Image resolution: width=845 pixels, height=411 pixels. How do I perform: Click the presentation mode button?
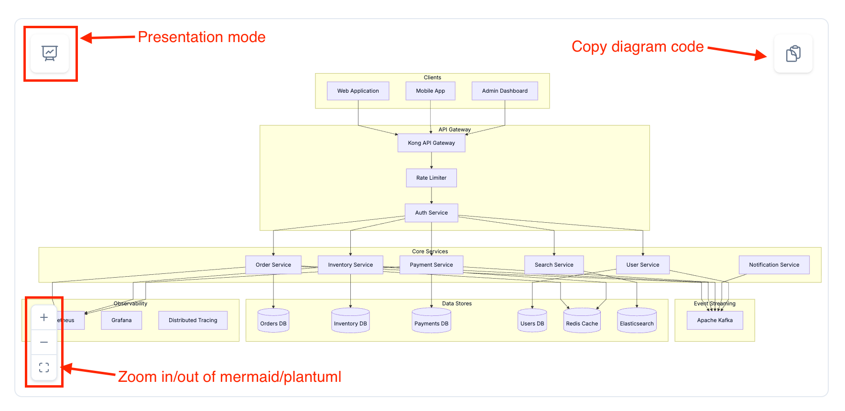click(x=50, y=53)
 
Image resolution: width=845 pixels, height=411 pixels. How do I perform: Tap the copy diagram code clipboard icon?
click(x=793, y=54)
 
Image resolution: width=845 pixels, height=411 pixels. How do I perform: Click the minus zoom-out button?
click(x=44, y=342)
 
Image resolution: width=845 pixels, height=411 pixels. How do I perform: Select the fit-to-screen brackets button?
click(x=44, y=367)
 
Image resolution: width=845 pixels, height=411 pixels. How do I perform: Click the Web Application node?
click(x=358, y=91)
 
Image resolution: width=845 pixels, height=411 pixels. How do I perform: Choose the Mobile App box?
click(x=430, y=91)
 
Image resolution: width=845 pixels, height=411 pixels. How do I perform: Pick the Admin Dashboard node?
click(x=505, y=91)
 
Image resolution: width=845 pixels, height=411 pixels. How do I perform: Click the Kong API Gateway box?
click(x=431, y=143)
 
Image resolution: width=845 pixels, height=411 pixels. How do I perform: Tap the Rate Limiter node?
click(x=431, y=178)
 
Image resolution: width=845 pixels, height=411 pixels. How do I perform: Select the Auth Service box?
click(x=431, y=213)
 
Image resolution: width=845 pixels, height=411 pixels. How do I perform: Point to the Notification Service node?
click(x=774, y=265)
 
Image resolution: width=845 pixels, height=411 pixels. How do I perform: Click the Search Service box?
click(x=554, y=265)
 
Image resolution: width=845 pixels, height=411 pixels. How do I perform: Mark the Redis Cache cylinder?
click(x=582, y=321)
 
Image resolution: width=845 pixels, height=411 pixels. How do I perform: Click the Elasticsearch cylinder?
click(x=637, y=321)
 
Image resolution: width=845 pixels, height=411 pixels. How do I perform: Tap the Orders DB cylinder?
click(x=273, y=321)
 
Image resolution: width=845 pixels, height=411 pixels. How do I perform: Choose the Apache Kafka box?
click(x=715, y=320)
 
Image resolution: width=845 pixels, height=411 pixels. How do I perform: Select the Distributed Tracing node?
click(x=193, y=320)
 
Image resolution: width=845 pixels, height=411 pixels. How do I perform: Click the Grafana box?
click(x=121, y=320)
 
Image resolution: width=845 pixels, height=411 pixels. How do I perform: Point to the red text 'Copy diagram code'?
click(x=638, y=47)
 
